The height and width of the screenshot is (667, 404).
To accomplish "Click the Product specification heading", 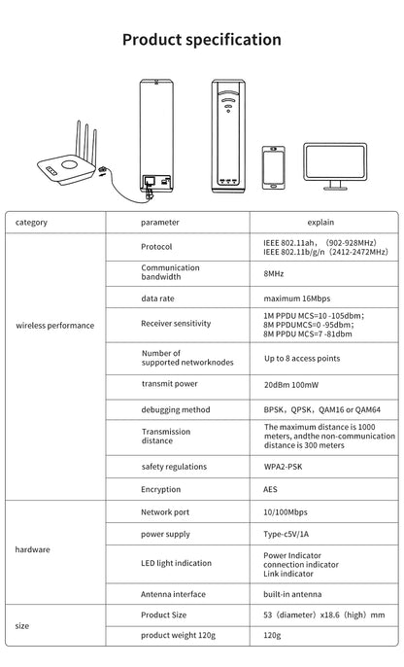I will click(202, 40).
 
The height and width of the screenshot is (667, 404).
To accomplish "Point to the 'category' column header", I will click(32, 223).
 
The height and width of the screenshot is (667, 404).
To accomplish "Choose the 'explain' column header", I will click(320, 223).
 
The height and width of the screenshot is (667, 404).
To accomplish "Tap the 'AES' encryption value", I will click(271, 489).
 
